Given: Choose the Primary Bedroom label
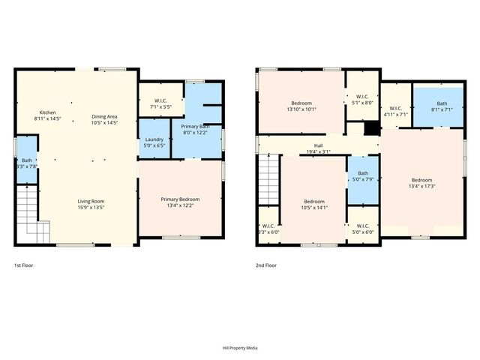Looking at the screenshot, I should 180,202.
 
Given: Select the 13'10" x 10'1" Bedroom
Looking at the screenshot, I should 301,106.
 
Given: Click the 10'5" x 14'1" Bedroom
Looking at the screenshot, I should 313,204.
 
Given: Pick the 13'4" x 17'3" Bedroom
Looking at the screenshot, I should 421,183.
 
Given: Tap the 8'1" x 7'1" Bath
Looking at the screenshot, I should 442,107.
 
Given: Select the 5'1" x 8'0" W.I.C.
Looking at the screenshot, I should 362,99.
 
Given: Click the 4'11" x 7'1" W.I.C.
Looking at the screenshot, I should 395,112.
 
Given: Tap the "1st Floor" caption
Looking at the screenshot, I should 24,265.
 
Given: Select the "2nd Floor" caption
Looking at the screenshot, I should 266,265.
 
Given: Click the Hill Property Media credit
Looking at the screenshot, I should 240,348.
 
